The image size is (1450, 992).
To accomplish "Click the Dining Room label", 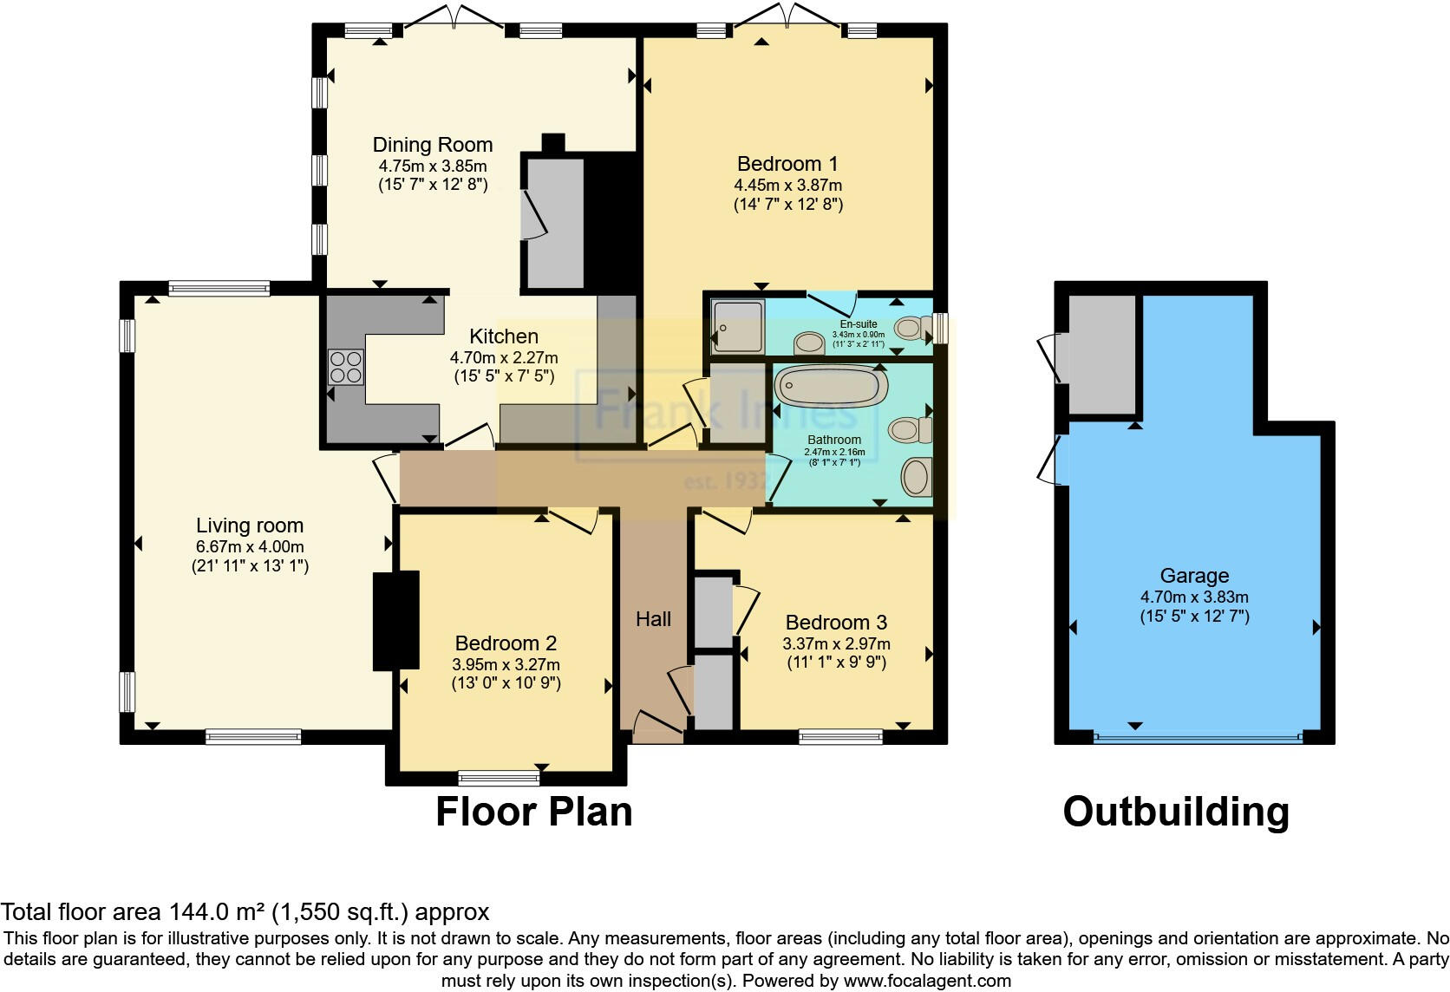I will (432, 145).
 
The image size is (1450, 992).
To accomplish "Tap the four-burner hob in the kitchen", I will (345, 367).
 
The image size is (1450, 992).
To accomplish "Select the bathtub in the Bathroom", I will (830, 386).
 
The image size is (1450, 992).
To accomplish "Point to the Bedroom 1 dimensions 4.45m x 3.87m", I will (787, 185).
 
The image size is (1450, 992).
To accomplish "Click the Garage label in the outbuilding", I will (1194, 576).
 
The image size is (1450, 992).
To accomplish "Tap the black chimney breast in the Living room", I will (395, 620).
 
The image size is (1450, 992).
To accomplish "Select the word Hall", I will (653, 619).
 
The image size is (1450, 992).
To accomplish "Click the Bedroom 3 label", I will (836, 623).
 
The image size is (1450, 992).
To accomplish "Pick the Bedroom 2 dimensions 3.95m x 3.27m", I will (506, 664).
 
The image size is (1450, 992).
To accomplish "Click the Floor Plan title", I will (533, 812).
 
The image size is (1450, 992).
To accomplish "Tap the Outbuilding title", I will (1176, 812).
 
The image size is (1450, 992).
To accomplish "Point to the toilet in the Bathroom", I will (910, 429).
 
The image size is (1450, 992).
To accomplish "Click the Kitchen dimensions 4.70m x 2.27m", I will (503, 357).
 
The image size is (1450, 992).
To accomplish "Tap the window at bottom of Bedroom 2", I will (499, 777).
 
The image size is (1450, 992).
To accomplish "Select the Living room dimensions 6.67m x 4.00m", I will (250, 546).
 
